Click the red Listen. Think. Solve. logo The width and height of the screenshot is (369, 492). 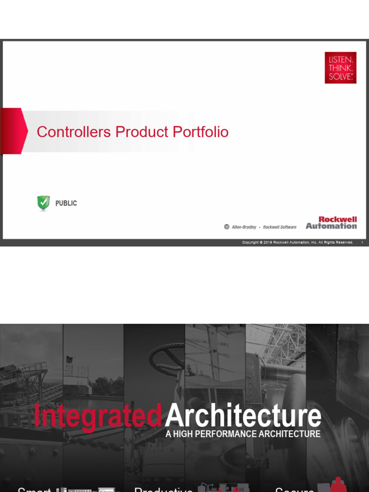(x=340, y=68)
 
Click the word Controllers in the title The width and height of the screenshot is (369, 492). (x=74, y=132)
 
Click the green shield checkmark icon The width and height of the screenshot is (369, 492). (x=43, y=203)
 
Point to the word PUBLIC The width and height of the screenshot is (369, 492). (x=66, y=203)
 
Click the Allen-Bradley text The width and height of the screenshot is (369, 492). (x=244, y=227)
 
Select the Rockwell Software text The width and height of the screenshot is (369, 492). (x=280, y=227)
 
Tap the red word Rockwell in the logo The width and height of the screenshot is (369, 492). (x=338, y=220)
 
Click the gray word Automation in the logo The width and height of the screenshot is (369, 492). (x=331, y=226)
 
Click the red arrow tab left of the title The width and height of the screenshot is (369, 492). (x=13, y=131)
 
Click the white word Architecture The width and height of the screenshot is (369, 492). (x=243, y=416)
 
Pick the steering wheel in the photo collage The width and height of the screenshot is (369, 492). (x=166, y=358)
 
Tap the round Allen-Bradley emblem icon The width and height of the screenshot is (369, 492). (x=227, y=227)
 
